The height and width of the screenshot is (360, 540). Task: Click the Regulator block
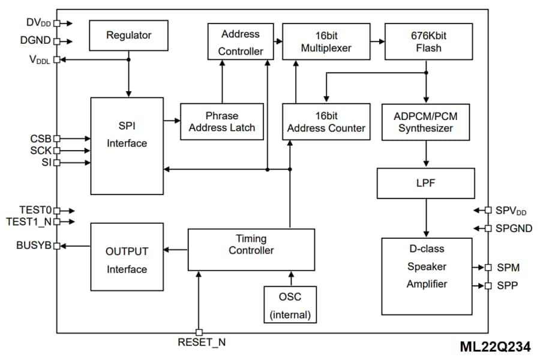tap(128, 35)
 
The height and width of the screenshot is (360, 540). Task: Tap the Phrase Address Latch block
tap(222, 122)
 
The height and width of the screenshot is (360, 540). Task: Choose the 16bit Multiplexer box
tap(326, 41)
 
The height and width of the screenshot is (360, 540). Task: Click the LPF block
tap(426, 184)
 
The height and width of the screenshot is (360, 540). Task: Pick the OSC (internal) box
tap(290, 305)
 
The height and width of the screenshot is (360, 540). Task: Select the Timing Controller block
tap(251, 250)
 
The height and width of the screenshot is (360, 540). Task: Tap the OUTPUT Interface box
tap(127, 260)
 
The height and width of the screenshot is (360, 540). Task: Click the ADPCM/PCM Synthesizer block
tap(426, 122)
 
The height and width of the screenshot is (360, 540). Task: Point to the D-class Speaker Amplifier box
tap(427, 275)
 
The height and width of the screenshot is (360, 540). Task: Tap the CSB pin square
tap(57, 139)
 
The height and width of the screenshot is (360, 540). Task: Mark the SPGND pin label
tap(512, 229)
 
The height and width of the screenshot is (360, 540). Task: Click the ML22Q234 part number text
tap(496, 347)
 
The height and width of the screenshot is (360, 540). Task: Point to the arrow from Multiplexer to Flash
tap(377, 41)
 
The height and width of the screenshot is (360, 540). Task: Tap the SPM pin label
tap(508, 267)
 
